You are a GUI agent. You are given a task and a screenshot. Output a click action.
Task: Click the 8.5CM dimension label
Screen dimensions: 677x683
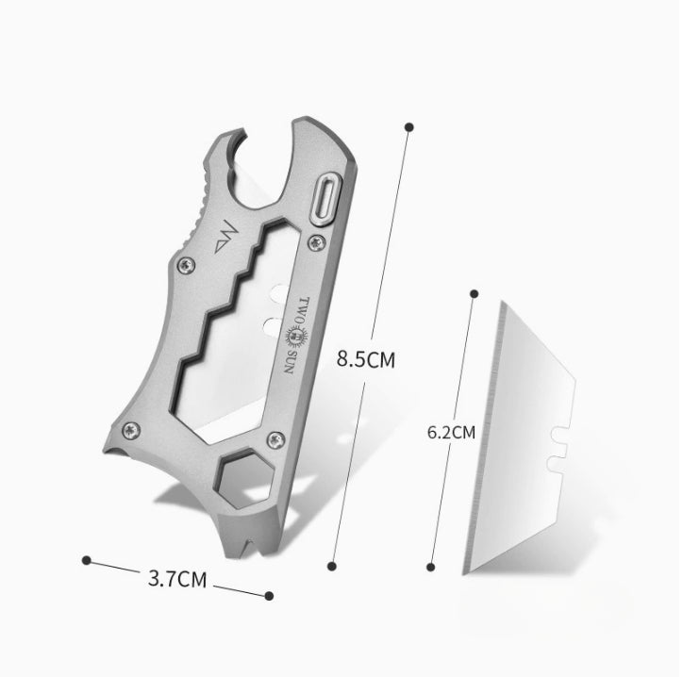click(x=366, y=359)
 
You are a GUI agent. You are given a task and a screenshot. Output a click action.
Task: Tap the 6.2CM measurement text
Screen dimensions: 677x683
click(x=451, y=433)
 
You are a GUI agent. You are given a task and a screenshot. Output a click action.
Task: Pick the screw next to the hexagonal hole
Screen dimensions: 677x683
click(x=275, y=437)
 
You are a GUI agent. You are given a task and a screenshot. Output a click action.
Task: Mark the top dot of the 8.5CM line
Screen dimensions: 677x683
click(x=408, y=125)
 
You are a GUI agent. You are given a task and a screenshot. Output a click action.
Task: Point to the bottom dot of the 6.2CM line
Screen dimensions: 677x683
click(x=430, y=567)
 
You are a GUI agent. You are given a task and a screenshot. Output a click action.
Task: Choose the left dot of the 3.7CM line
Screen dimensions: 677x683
click(x=87, y=560)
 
